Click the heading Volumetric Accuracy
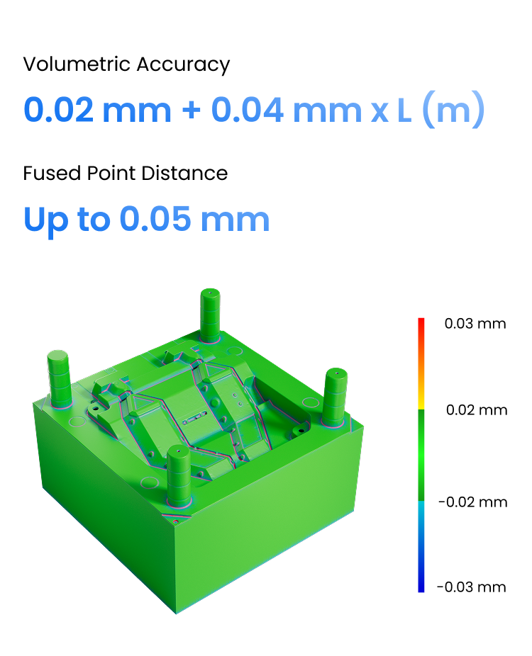tap(126, 65)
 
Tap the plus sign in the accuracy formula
tap(192, 111)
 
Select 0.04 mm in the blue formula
tap(287, 110)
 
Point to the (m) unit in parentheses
tap(454, 110)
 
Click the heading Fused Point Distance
tap(126, 173)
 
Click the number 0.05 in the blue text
tap(155, 219)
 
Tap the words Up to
tap(67, 220)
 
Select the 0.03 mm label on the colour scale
tap(475, 324)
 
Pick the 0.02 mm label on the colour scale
tap(477, 410)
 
